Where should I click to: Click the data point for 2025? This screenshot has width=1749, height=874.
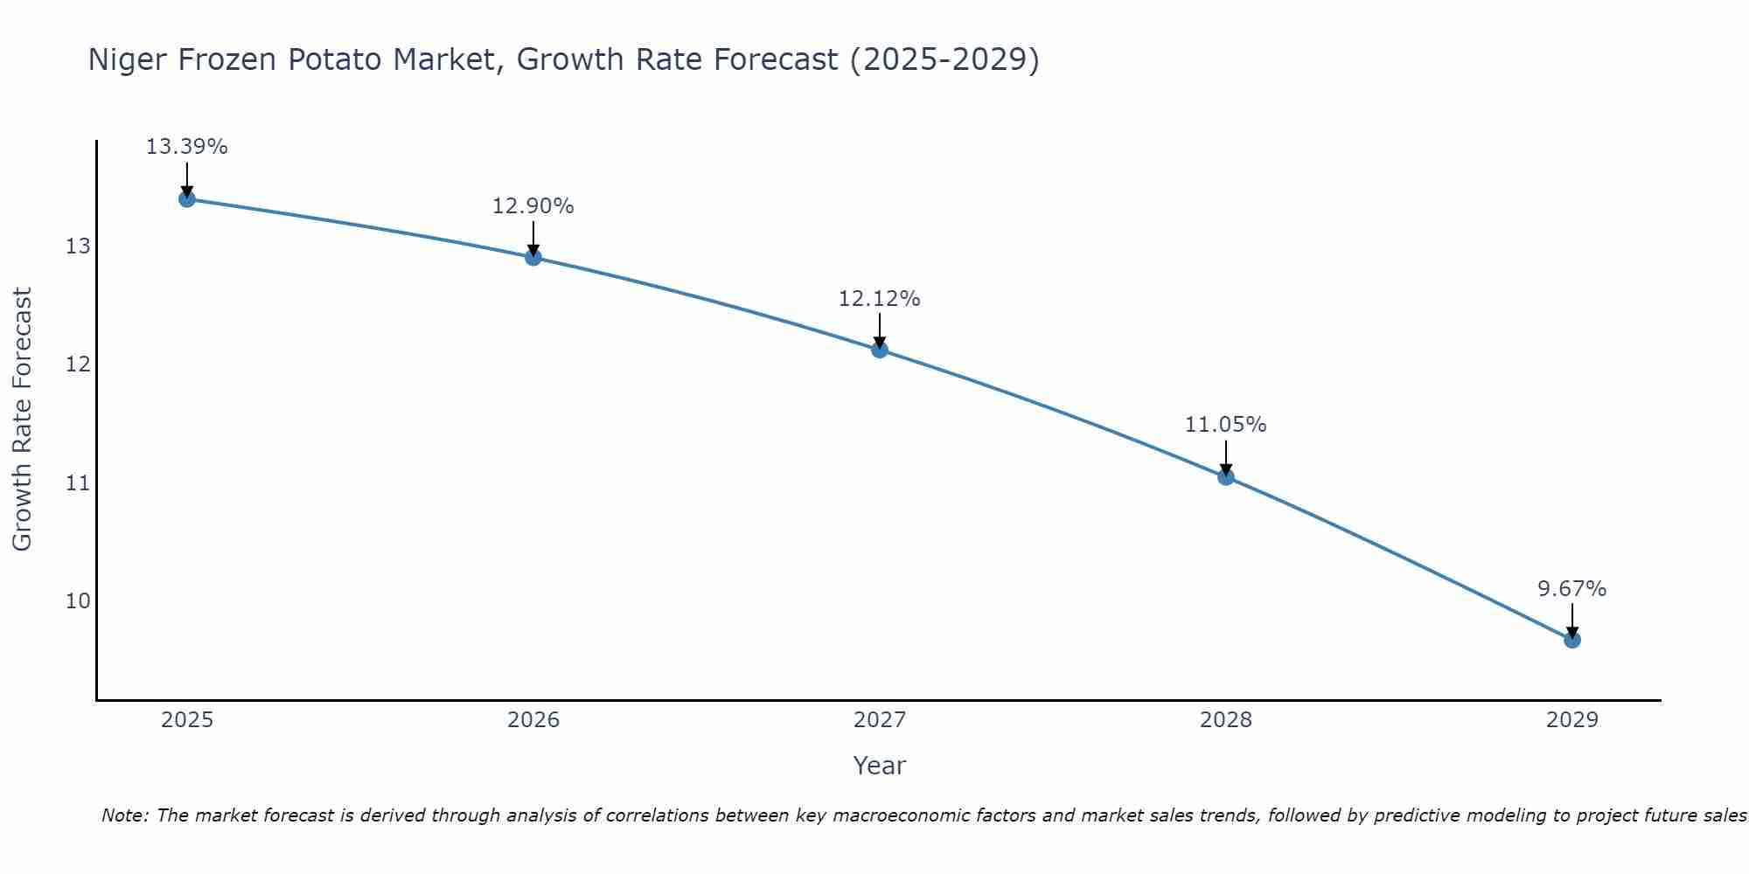pos(186,198)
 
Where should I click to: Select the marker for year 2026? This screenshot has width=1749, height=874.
pos(533,257)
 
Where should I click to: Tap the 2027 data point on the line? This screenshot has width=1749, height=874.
pos(880,350)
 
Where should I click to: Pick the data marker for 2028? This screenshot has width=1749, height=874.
pos(1226,476)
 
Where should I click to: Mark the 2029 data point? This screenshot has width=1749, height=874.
pos(1572,640)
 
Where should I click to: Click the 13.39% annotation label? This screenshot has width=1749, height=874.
pos(186,147)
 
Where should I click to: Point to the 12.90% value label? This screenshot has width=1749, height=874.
pos(533,206)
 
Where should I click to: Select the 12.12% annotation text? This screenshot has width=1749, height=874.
pos(879,299)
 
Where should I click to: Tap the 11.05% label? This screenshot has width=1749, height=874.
pos(1225,425)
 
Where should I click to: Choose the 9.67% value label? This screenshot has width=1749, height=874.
pos(1571,589)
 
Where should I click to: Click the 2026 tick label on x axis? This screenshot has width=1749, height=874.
pos(533,720)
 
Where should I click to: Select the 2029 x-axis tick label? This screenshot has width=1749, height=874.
pos(1572,720)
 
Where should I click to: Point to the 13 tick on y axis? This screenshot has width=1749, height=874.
pos(78,246)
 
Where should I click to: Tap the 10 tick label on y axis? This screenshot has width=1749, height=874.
pos(78,601)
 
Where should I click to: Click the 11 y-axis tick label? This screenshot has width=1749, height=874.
pos(78,482)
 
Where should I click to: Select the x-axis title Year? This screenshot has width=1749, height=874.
pos(879,766)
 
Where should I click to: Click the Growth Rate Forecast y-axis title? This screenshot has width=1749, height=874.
pos(22,420)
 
